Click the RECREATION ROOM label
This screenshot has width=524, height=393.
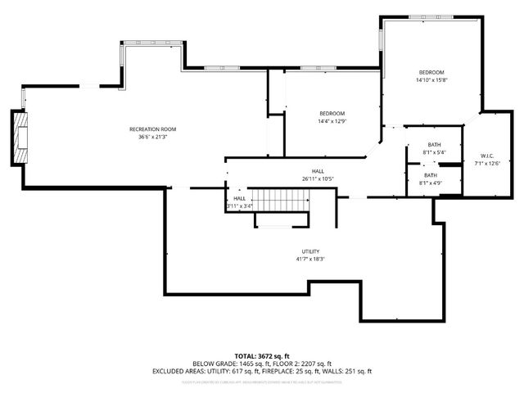click(x=152, y=129)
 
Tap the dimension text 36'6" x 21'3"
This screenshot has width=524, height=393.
click(x=152, y=138)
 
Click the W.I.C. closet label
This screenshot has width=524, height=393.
click(x=486, y=156)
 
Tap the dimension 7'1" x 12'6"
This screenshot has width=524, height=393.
click(x=486, y=164)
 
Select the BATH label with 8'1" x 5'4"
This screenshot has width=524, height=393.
click(x=434, y=144)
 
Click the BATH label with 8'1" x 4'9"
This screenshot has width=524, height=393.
click(x=431, y=175)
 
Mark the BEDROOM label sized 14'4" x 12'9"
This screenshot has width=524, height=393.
click(x=332, y=113)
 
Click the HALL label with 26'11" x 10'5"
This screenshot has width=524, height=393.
click(x=318, y=171)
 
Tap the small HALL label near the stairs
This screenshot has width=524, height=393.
click(x=239, y=198)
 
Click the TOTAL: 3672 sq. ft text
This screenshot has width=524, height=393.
click(x=262, y=355)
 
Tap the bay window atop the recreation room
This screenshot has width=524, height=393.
click(x=151, y=46)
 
